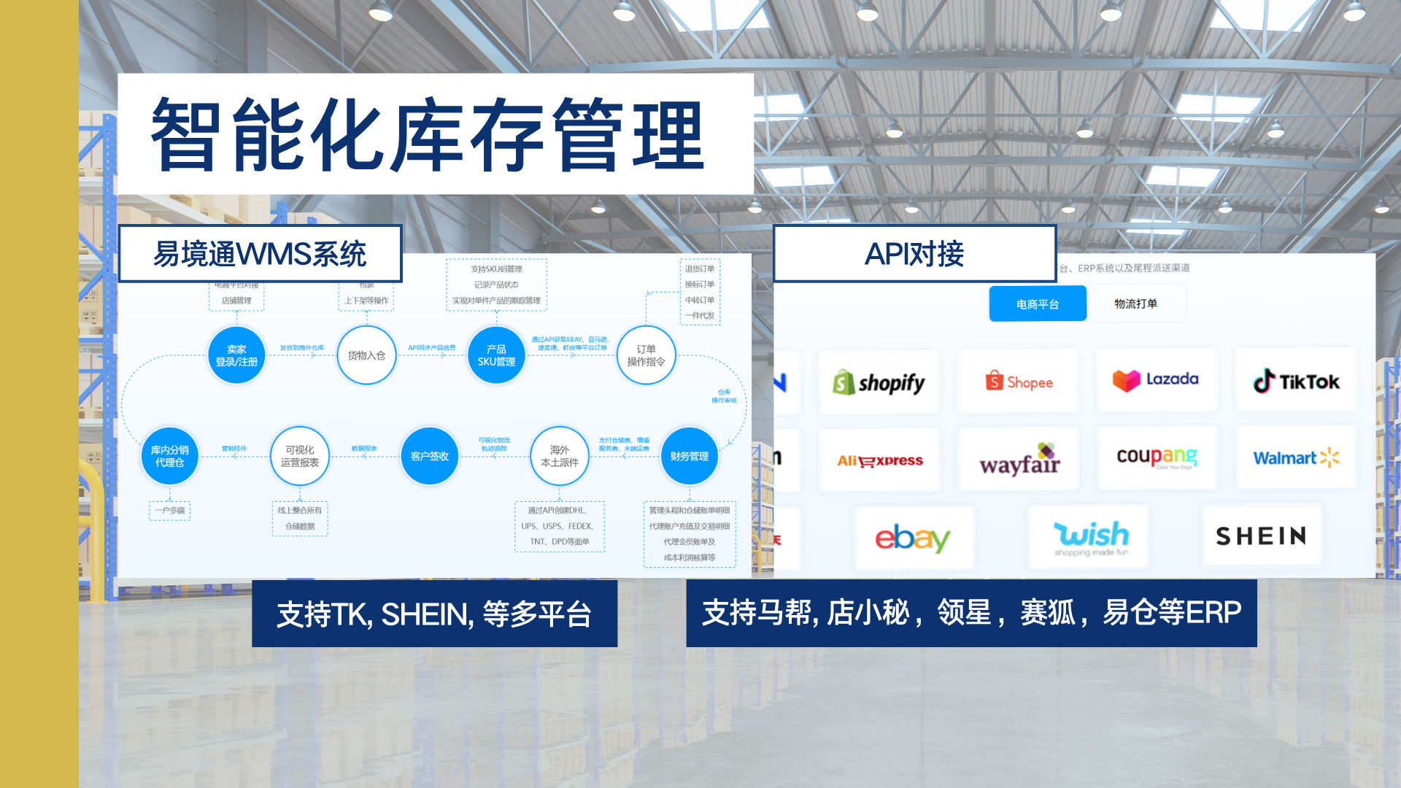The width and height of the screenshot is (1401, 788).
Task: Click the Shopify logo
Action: pyautogui.click(x=879, y=382)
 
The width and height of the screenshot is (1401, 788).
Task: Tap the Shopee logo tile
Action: pyautogui.click(x=1019, y=382)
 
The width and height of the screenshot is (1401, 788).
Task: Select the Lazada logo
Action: pyautogui.click(x=1156, y=380)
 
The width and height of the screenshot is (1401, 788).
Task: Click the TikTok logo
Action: pyautogui.click(x=1296, y=381)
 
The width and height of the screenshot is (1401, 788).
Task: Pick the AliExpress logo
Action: pyautogui.click(x=880, y=460)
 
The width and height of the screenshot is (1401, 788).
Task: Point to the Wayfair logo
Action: pyautogui.click(x=1019, y=460)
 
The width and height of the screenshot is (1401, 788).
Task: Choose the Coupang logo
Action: pyautogui.click(x=1157, y=457)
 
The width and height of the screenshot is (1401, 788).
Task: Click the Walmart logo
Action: pyautogui.click(x=1296, y=457)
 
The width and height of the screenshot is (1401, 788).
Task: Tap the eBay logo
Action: pyautogui.click(x=913, y=538)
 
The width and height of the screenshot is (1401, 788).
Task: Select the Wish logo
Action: pyautogui.click(x=1090, y=537)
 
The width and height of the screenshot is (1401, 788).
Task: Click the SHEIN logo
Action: pyautogui.click(x=1261, y=536)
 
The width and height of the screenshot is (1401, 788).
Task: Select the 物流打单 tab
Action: pyautogui.click(x=1135, y=304)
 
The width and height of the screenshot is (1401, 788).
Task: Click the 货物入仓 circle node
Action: pyautogui.click(x=366, y=355)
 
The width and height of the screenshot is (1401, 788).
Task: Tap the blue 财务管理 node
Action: pyautogui.click(x=689, y=456)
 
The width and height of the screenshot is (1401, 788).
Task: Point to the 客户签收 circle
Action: pyautogui.click(x=430, y=456)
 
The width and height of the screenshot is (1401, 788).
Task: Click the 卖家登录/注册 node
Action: pyautogui.click(x=236, y=355)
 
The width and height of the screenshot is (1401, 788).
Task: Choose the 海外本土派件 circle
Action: pyautogui.click(x=560, y=456)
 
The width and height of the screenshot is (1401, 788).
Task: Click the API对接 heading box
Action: pyautogui.click(x=914, y=254)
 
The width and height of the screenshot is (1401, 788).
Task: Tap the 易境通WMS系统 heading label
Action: pyautogui.click(x=260, y=254)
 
